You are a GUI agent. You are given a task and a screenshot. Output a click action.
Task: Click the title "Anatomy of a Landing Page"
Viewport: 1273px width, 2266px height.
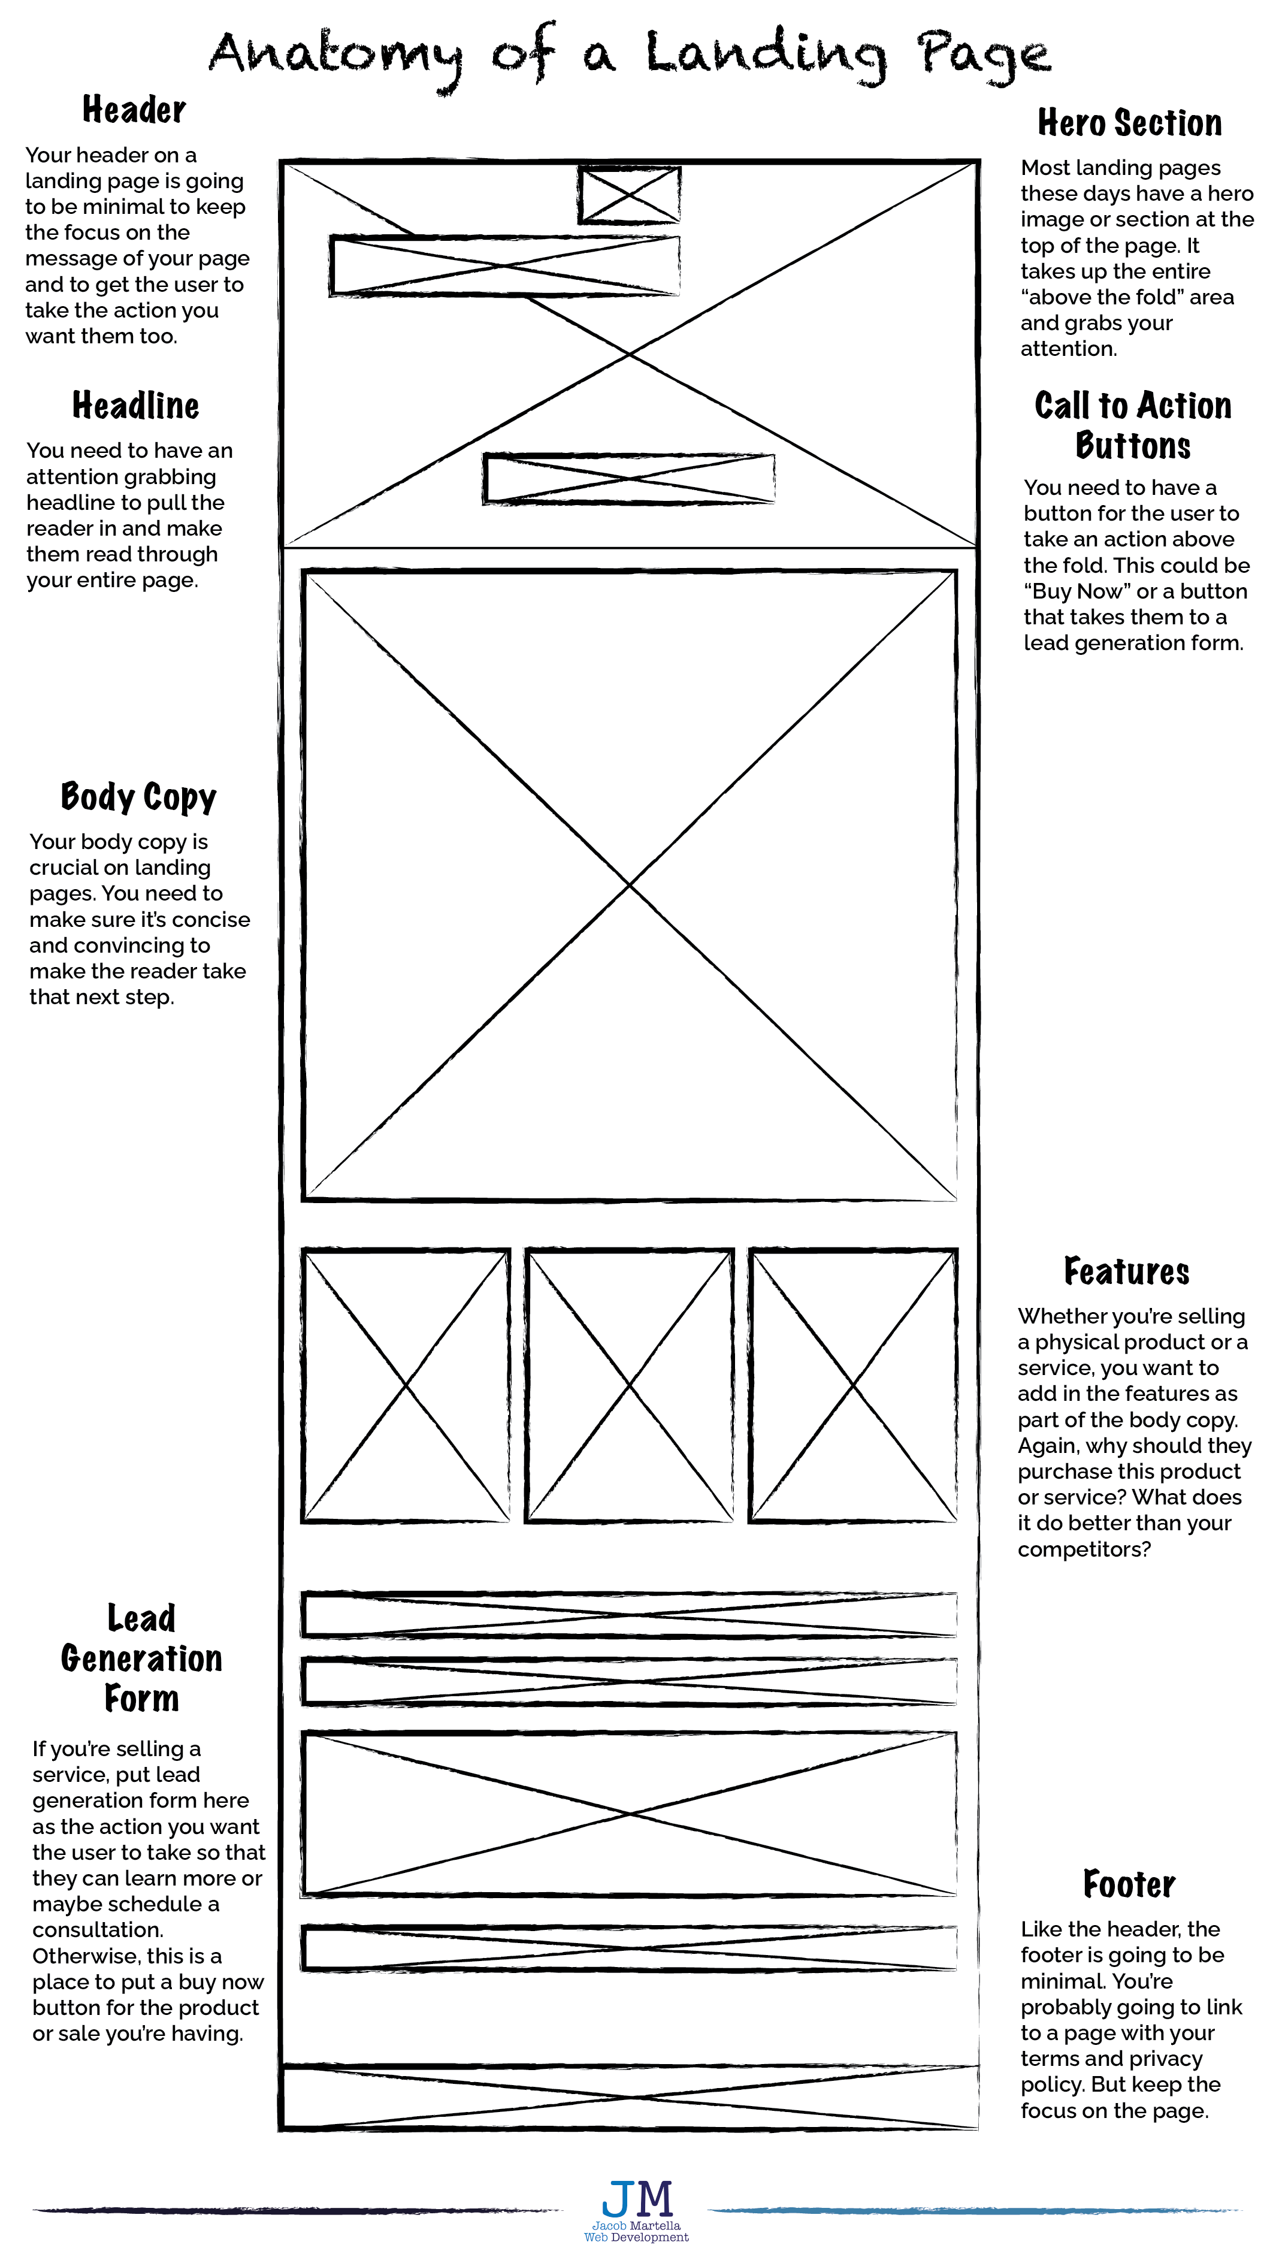(x=629, y=55)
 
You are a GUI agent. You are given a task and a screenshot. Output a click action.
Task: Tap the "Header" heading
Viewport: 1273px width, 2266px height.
(x=134, y=110)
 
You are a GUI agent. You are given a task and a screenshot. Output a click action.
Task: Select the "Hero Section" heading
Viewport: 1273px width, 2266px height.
(x=1130, y=123)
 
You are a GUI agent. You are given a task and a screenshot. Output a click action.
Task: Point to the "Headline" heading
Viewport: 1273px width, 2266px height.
(x=135, y=406)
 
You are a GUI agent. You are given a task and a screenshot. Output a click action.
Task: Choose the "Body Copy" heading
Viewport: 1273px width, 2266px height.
(x=138, y=796)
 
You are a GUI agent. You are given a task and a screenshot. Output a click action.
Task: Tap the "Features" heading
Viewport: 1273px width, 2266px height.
(x=1126, y=1271)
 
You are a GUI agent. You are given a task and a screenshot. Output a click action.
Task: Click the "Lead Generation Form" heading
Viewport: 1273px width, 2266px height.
(x=141, y=1658)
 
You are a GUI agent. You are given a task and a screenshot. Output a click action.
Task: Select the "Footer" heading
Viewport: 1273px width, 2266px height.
(x=1129, y=1884)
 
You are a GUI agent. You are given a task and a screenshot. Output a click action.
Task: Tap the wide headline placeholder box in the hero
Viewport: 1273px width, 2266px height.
(x=505, y=265)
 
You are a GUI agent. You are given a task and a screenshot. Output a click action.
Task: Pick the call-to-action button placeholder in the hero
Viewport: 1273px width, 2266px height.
(x=629, y=479)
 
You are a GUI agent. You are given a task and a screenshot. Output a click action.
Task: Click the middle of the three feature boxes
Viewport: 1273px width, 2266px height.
(x=629, y=1385)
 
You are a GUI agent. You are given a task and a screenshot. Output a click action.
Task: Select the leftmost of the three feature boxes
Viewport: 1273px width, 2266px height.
(x=406, y=1385)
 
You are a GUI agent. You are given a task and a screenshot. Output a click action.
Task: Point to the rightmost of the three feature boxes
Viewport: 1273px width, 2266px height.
(x=852, y=1385)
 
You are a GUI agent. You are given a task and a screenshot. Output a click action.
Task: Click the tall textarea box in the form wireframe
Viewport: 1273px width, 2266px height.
(x=629, y=1813)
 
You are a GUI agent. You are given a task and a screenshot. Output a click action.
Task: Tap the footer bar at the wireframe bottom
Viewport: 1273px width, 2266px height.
(x=629, y=2097)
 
